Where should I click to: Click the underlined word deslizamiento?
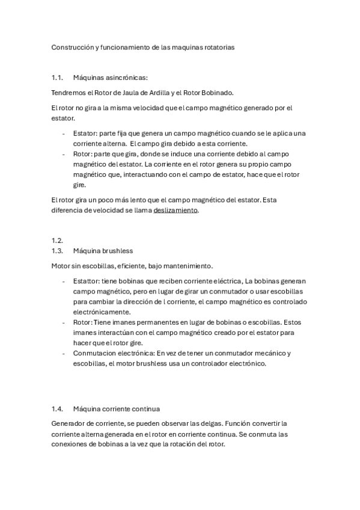175,211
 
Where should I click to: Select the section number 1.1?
58,77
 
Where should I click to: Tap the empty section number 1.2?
58,240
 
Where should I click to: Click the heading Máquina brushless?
103,250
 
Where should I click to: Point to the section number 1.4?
58,408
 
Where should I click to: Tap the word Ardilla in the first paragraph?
155,92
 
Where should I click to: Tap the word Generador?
70,423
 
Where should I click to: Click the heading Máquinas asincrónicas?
106,77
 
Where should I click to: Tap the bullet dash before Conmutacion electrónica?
64,353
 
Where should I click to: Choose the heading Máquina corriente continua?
117,408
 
